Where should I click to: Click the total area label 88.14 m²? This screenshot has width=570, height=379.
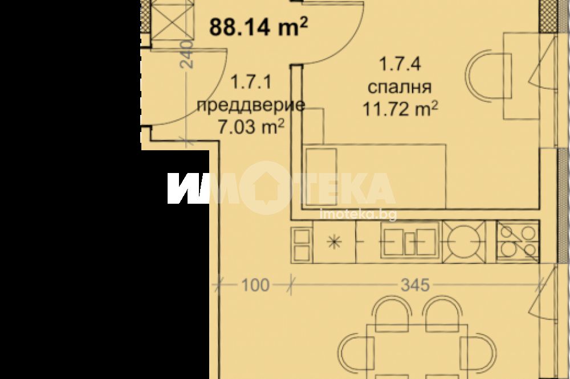tap(259, 27)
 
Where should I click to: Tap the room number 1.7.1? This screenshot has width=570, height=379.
tap(251, 82)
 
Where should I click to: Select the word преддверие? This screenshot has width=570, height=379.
tap(250, 105)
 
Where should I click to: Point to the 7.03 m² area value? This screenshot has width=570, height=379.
tap(250, 127)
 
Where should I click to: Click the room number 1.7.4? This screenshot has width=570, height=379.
tap(400, 64)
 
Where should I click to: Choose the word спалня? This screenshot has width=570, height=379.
tap(400, 87)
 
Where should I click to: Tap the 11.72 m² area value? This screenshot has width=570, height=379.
tap(400, 109)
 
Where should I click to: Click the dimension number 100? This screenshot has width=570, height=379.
tap(255, 285)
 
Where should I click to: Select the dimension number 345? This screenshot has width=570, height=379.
tap(415, 285)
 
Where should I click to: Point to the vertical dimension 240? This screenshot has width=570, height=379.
tap(187, 55)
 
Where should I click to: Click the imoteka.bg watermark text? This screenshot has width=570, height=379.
tap(358, 215)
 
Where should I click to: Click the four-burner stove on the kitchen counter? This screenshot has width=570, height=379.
tap(518, 242)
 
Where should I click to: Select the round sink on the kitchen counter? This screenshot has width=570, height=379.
tap(463, 242)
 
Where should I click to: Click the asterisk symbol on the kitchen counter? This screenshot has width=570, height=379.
tap(334, 242)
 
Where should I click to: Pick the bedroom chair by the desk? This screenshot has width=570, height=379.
tap(488, 76)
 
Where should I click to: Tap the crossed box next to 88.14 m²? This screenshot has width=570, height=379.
tap(170, 19)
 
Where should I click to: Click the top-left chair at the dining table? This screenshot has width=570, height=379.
tap(392, 314)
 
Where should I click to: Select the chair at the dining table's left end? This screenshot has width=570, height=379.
tap(356, 352)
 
